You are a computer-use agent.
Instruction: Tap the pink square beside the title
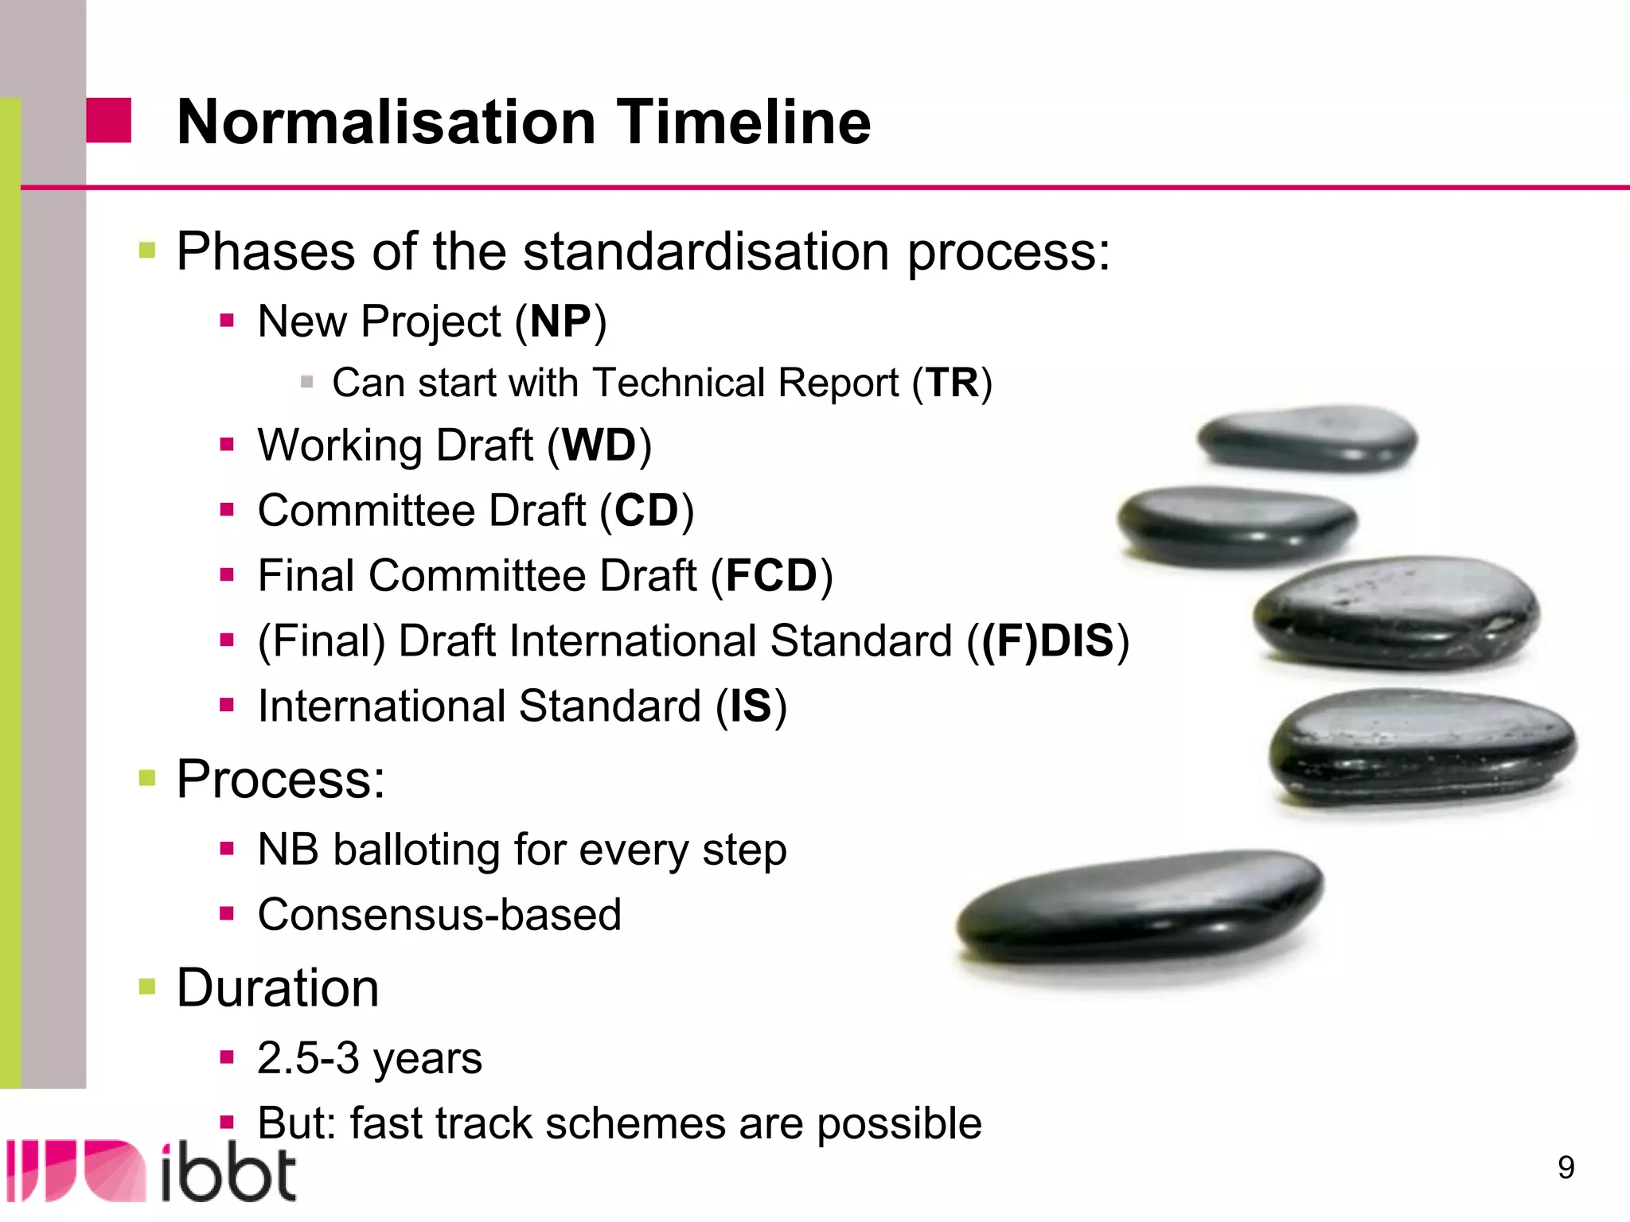108,121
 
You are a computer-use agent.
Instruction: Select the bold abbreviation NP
560,322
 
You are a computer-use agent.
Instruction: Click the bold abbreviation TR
952,383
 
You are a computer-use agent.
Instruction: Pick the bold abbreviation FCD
770,576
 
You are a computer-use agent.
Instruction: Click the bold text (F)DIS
1047,641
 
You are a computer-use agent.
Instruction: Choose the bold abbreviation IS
751,706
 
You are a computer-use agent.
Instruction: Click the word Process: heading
280,779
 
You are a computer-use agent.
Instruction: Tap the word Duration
277,988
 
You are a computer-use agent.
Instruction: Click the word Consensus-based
439,915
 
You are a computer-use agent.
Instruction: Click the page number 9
1566,1167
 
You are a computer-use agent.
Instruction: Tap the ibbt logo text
228,1173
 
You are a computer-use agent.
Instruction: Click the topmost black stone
1307,437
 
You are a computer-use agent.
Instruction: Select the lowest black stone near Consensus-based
1138,907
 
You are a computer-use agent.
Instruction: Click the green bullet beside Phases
147,251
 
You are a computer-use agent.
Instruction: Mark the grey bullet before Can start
306,383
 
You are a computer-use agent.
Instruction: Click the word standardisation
706,251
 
